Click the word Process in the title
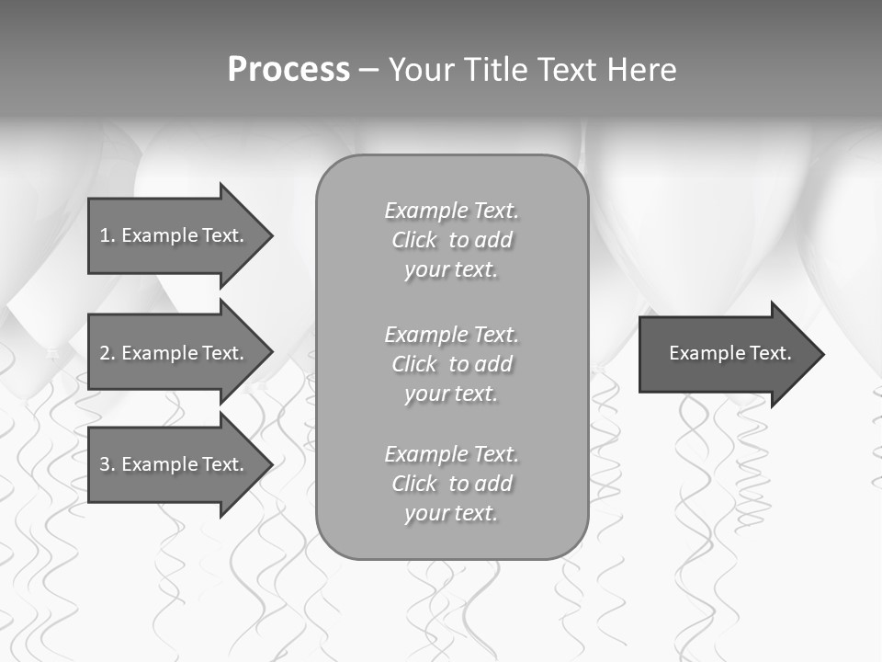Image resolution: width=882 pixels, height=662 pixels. (288, 70)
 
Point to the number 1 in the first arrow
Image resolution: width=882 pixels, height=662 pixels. (105, 235)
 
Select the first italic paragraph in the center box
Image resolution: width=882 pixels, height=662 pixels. (451, 240)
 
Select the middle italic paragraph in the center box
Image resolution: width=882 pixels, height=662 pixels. (451, 364)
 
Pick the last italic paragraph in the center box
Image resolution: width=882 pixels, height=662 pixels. (451, 484)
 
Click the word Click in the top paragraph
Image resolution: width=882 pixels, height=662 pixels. (414, 240)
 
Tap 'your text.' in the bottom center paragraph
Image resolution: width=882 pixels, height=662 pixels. (451, 513)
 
